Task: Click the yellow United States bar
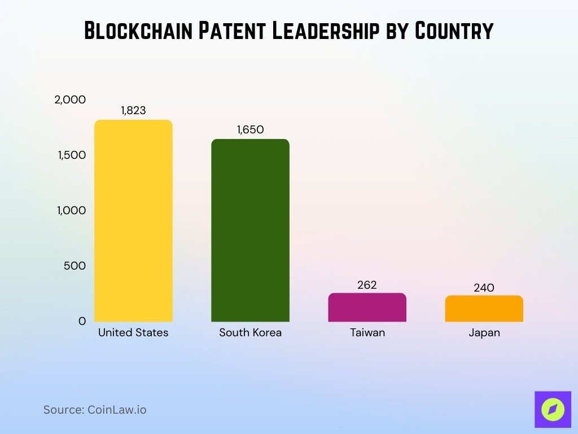133,220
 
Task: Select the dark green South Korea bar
250,230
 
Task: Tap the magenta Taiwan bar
367,307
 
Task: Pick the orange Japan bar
484,309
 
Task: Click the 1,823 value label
133,111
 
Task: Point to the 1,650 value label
250,130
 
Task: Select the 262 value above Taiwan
367,285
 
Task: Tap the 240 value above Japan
484,288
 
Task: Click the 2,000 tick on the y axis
70,99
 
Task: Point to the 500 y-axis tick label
75,266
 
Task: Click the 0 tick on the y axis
82,321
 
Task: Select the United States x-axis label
133,333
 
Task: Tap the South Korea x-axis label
250,333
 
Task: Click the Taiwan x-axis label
367,333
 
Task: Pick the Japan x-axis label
484,333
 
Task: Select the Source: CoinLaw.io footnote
95,410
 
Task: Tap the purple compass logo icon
553,409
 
